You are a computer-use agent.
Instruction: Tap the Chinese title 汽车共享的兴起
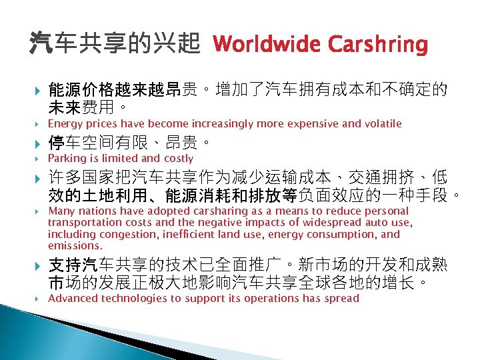(114, 45)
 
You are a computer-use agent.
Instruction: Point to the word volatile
(381, 123)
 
